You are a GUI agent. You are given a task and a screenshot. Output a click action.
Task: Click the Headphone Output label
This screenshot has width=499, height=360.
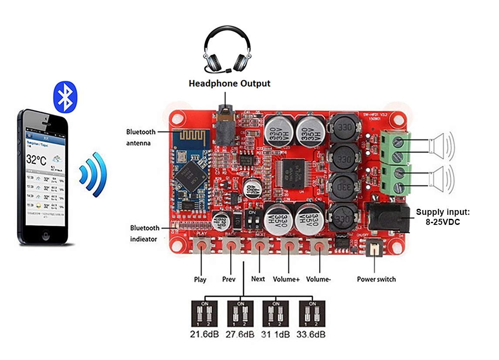pos(229,83)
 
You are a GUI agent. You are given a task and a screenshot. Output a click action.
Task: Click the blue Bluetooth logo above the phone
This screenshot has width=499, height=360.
pos(65,96)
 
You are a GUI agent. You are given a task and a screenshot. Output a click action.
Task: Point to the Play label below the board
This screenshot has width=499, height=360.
pos(200,279)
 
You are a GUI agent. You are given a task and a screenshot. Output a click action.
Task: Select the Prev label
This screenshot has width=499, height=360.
pos(229,279)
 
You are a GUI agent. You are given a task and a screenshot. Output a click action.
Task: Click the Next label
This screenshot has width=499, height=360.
pos(258,278)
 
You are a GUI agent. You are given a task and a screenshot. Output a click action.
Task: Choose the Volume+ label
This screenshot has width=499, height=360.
pos(286,279)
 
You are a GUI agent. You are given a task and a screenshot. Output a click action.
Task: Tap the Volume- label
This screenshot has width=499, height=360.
pos(318,279)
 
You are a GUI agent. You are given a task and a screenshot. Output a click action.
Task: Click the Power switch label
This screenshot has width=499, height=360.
pos(376,279)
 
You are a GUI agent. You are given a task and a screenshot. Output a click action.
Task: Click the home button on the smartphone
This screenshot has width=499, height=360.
pos(45,236)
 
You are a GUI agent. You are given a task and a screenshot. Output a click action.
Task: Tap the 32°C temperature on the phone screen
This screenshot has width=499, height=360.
pos(37,160)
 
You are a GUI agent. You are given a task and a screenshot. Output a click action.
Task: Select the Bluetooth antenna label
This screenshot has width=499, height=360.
pos(140,137)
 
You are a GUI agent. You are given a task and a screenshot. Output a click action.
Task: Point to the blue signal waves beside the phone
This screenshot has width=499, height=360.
pos(93,174)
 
